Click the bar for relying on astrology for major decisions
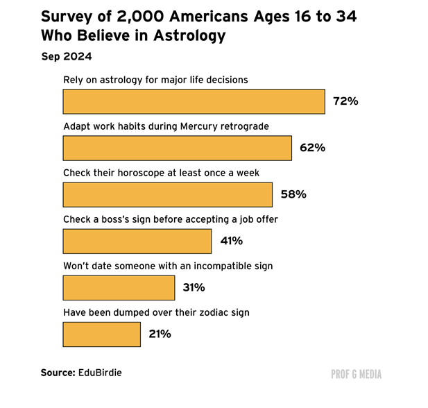(x=194, y=101)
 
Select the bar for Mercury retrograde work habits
(x=177, y=148)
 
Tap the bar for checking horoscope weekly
(x=167, y=194)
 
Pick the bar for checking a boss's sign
(x=137, y=241)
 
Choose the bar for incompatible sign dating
(x=119, y=287)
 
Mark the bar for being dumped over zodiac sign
(x=101, y=334)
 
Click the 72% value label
(x=345, y=101)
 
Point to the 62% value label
(x=312, y=148)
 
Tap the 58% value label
(x=293, y=194)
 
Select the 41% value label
(x=232, y=241)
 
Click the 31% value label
(x=195, y=287)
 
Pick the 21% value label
(x=160, y=334)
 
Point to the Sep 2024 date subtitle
(x=66, y=56)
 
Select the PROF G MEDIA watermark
(x=357, y=374)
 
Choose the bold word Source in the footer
(x=58, y=373)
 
